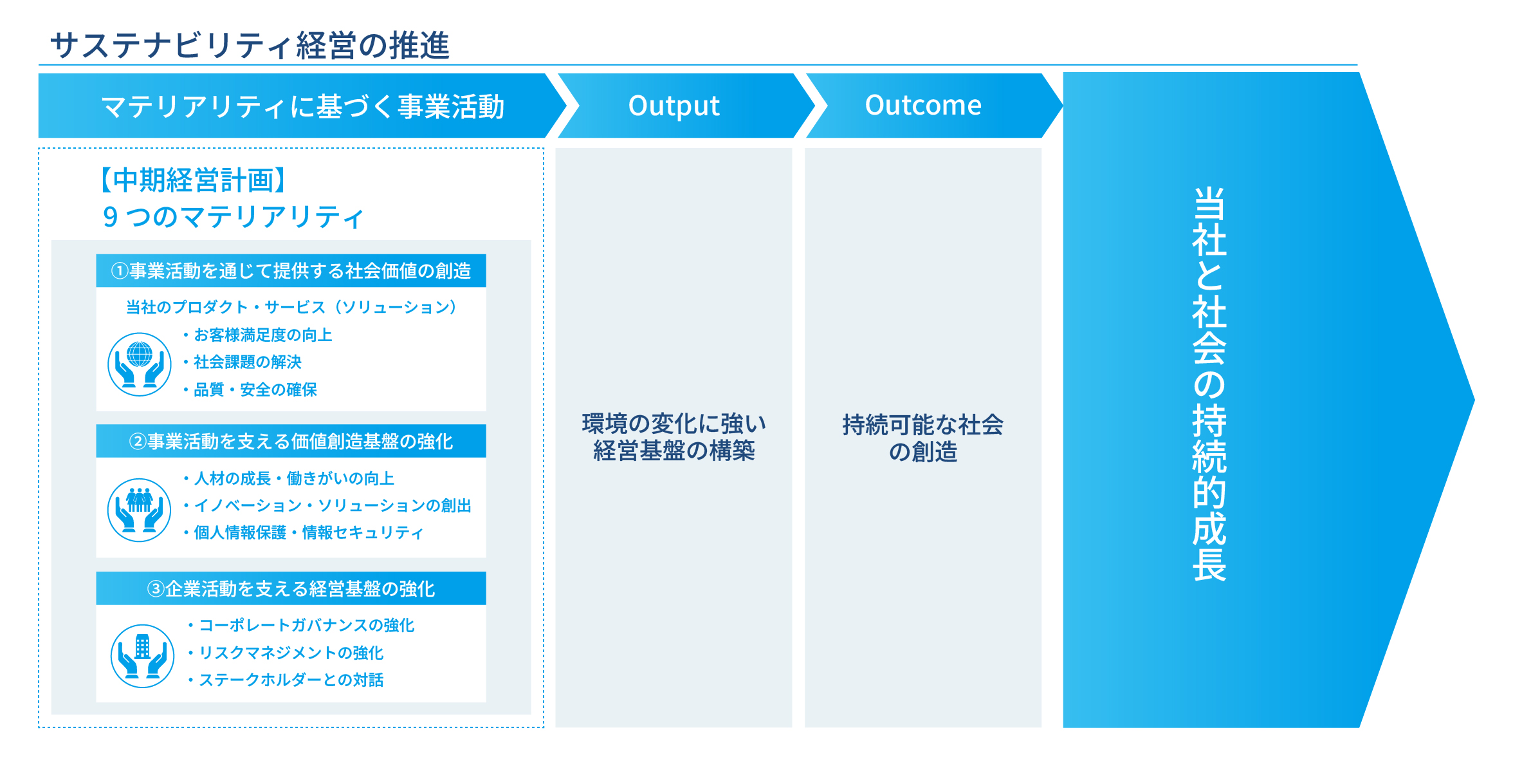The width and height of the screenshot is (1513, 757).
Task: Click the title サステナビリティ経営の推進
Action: [x=250, y=45]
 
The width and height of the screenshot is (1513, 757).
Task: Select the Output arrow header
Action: [x=674, y=106]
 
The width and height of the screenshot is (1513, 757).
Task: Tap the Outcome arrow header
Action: [x=923, y=106]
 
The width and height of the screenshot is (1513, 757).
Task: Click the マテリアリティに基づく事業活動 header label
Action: [x=302, y=106]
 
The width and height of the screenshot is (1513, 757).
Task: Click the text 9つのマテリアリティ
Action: [x=233, y=217]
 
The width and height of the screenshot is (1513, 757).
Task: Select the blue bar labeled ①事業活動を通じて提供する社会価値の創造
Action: [x=291, y=271]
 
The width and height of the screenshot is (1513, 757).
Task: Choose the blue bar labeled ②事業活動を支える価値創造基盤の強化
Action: [x=291, y=442]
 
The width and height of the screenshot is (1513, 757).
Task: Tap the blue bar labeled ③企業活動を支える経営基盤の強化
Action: [x=291, y=588]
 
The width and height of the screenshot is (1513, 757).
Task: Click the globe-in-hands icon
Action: [x=140, y=364]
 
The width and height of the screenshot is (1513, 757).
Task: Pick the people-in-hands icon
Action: [x=140, y=510]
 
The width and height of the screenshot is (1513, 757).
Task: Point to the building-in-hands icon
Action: [x=142, y=656]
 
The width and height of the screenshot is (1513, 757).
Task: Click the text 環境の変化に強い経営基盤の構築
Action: [x=674, y=438]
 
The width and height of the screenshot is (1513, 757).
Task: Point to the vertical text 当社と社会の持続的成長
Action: [x=1209, y=384]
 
